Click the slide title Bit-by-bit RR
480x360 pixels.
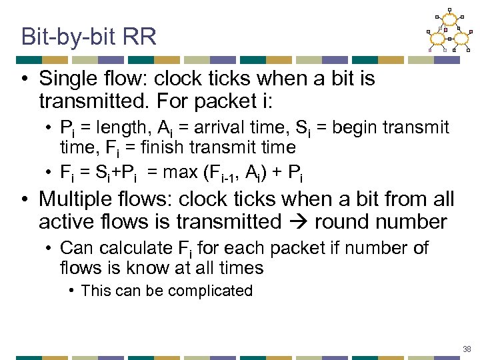89,36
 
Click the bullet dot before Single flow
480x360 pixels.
24,79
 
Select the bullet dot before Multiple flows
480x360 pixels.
24,199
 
